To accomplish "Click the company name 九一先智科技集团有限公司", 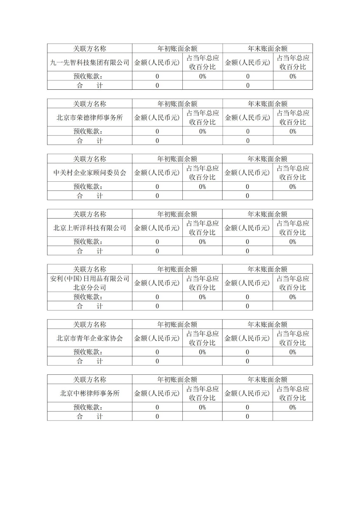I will tap(90, 62).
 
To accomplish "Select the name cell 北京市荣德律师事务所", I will tap(90, 117).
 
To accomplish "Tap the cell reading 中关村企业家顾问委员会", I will tap(90, 173).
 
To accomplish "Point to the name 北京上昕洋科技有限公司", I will tap(90, 228).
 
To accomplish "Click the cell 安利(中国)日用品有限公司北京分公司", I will tap(90, 283).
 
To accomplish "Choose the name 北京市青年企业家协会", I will tap(90, 338).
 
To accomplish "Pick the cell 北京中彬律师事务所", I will tap(90, 393).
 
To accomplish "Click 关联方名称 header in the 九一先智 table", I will tap(90, 49).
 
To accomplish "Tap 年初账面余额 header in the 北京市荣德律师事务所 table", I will tap(177, 104).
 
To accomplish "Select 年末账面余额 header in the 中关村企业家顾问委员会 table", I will tap(267, 159).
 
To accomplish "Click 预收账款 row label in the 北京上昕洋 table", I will tap(88, 241).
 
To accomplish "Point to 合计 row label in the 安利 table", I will tap(90, 306).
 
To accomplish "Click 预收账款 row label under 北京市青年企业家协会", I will tap(88, 352).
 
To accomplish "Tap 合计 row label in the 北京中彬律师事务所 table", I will tap(90, 416).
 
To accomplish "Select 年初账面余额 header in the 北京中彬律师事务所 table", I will tap(177, 380).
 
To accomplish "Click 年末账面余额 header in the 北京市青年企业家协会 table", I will tap(267, 324).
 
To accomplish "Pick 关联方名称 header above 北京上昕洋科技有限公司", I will tap(90, 214).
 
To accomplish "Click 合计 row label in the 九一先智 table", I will tap(90, 85).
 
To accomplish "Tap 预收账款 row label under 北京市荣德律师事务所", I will tap(88, 131).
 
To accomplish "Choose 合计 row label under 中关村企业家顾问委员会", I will tap(90, 196).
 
